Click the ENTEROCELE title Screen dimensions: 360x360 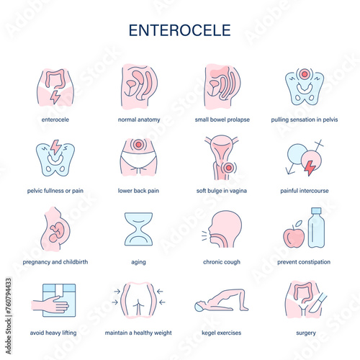180,30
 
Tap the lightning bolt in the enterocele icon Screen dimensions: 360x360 55,97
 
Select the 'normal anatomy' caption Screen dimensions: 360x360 139,120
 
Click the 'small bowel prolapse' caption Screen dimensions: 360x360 222,120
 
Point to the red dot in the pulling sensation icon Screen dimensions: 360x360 305,74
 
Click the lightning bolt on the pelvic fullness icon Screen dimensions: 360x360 55,147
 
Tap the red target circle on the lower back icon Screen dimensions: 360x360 138,145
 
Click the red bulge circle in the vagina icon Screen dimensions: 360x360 228,168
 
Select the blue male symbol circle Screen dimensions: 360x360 297,154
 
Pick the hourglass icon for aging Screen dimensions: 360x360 138,229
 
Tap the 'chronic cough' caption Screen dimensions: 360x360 222,262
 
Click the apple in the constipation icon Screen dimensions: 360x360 294,236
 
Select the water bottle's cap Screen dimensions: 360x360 316,211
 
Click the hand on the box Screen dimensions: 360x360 50,305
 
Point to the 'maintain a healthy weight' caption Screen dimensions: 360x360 138,333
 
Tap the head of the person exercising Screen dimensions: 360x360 199,307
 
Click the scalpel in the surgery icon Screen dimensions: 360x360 318,303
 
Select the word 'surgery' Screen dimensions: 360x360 306,333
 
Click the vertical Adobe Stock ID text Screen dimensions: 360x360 9,316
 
